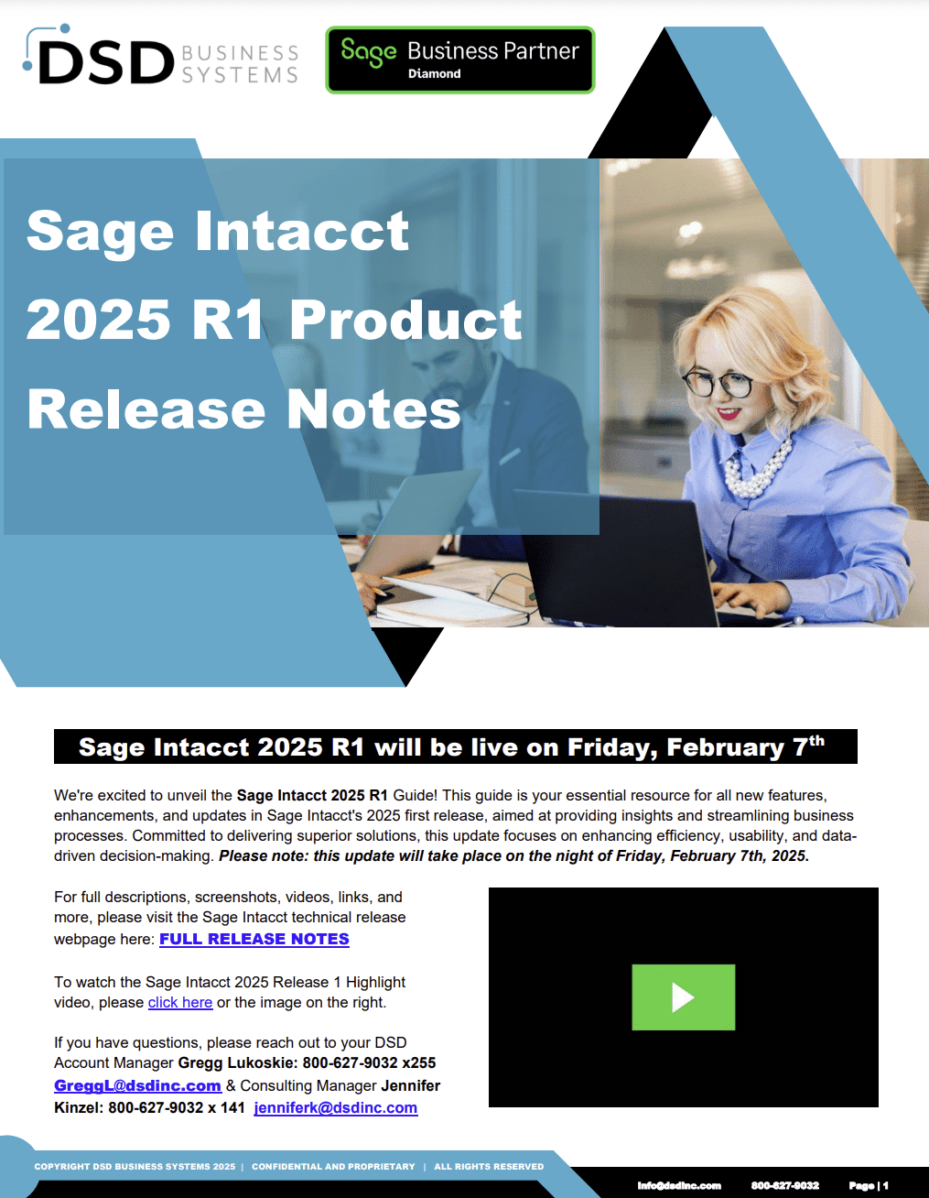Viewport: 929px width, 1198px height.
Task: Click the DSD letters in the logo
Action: click(106, 62)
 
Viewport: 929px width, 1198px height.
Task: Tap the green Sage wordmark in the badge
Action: click(369, 53)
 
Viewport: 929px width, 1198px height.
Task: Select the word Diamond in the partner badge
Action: click(434, 74)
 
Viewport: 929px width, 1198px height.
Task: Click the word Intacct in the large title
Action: click(301, 231)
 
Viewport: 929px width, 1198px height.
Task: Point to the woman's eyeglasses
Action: click(718, 383)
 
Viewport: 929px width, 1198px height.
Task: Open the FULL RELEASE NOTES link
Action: click(254, 939)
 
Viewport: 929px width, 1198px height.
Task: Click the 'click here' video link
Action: click(180, 1002)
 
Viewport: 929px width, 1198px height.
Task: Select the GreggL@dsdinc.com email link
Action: click(137, 1085)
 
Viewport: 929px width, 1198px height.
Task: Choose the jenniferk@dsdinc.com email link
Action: click(335, 1107)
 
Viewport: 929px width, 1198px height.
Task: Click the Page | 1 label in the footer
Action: click(869, 1185)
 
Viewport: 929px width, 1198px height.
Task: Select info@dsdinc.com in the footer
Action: click(679, 1185)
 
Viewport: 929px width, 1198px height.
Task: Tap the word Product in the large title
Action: click(405, 320)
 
